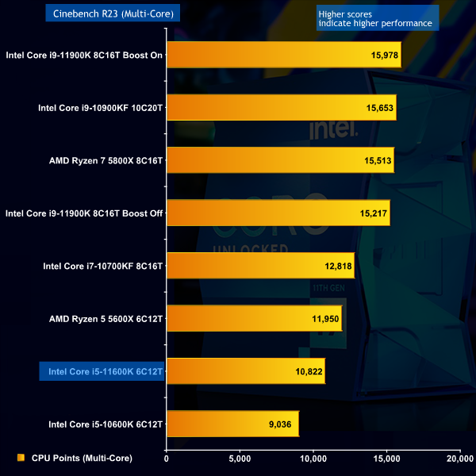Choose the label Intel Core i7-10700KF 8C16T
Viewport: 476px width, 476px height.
pyautogui.click(x=103, y=266)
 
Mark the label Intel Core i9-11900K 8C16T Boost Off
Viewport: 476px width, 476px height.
pyautogui.click(x=84, y=213)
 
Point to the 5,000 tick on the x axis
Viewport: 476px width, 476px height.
pyautogui.click(x=240, y=458)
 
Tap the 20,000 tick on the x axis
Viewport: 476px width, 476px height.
pyautogui.click(x=459, y=458)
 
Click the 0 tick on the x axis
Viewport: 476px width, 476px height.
pyautogui.click(x=167, y=458)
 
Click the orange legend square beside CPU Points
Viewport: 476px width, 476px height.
pyautogui.click(x=21, y=458)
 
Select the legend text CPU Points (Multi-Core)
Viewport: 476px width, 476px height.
pyautogui.click(x=82, y=458)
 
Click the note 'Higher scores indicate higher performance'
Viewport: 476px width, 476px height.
pyautogui.click(x=374, y=18)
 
